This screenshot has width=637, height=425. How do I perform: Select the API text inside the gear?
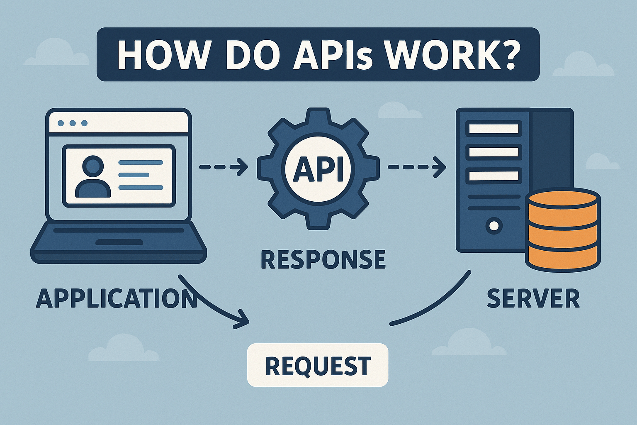point(318,170)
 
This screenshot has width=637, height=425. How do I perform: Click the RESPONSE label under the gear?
point(323,259)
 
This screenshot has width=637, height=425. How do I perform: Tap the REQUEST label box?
point(318,365)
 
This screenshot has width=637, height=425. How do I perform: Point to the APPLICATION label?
point(116,298)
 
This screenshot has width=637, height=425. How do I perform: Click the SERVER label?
point(533,298)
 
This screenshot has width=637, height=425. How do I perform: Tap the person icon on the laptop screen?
point(93,176)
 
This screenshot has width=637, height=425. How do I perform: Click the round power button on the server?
point(494,226)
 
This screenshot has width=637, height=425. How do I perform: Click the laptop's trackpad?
point(119,242)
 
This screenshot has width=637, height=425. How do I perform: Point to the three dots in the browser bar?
point(73,123)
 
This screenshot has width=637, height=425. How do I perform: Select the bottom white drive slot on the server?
point(494,176)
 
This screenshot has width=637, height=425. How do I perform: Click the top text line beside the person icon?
point(141,163)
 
